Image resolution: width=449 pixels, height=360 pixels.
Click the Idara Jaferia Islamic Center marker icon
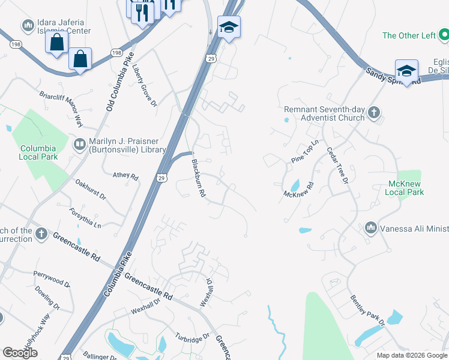27,26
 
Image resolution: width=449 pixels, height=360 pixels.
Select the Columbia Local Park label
38,152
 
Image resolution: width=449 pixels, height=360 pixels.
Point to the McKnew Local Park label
415,188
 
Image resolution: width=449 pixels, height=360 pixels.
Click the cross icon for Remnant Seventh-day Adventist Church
373,112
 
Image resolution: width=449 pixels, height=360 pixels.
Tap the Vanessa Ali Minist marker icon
371,228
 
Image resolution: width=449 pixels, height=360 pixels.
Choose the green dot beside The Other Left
444,35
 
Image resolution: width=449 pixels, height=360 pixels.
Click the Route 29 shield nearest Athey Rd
161,178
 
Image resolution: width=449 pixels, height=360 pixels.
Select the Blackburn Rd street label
199,178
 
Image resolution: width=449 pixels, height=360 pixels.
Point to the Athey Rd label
125,177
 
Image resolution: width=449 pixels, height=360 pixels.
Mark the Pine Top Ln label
306,154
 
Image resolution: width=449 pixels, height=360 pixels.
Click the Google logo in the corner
20,353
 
